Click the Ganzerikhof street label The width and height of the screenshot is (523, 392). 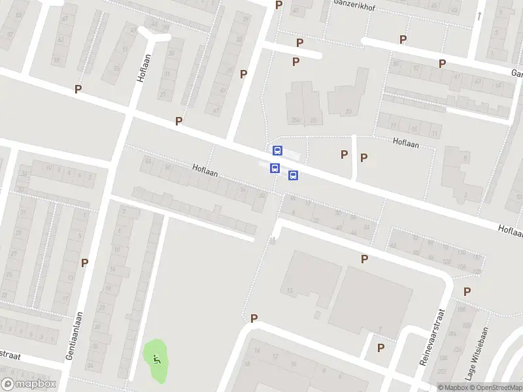pyautogui.click(x=357, y=3)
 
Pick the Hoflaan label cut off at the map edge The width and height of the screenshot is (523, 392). pyautogui.click(x=510, y=230)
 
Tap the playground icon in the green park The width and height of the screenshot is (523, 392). pyautogui.click(x=156, y=357)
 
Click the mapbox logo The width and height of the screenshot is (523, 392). pyautogui.click(x=28, y=384)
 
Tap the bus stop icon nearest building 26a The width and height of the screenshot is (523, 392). pyautogui.click(x=277, y=150)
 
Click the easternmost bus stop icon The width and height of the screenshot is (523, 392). pyautogui.click(x=293, y=175)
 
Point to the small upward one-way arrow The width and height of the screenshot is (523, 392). pyautogui.click(x=480, y=16)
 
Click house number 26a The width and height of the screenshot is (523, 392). pyautogui.click(x=295, y=120)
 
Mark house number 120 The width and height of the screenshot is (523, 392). pyautogui.click(x=477, y=271)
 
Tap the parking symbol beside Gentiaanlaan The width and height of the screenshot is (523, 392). pyautogui.click(x=84, y=263)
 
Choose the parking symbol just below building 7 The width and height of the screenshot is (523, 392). pyautogui.click(x=380, y=348)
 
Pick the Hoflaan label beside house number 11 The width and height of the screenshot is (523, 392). pyautogui.click(x=405, y=141)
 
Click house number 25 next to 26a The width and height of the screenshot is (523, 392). pyautogui.click(x=314, y=120)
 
